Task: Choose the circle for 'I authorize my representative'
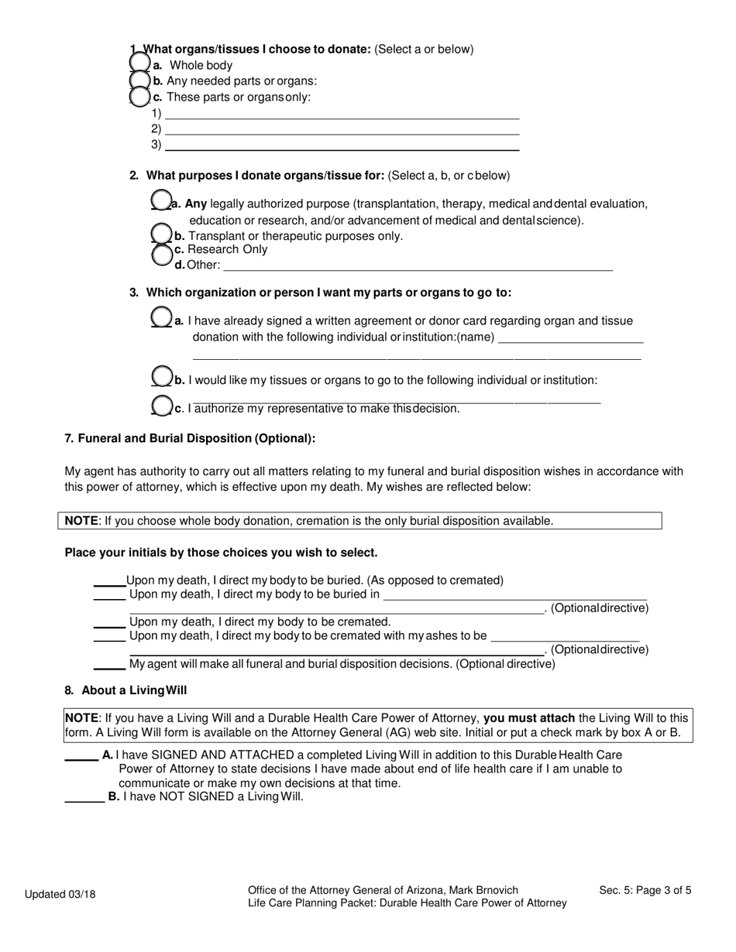161,406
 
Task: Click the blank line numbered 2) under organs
342,130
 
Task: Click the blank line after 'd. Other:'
418,265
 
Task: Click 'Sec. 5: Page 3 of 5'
645,891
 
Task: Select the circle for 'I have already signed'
161,317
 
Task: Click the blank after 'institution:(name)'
571,338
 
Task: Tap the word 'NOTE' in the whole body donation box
81,521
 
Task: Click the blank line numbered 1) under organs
342,115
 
